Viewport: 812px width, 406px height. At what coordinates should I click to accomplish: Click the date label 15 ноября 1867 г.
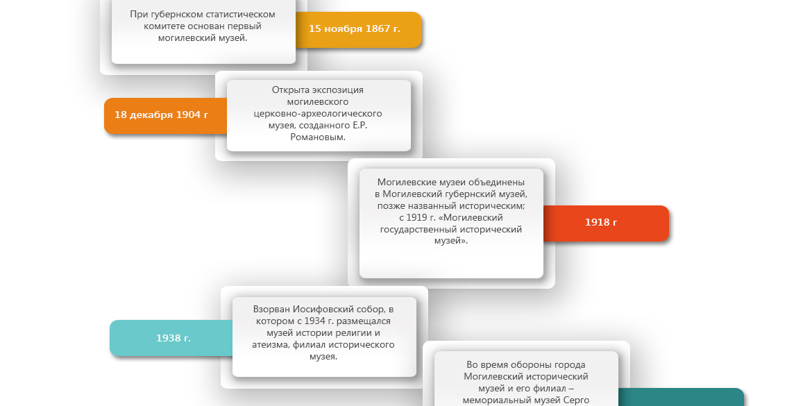(354, 29)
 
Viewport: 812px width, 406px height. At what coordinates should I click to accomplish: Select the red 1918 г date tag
(606, 223)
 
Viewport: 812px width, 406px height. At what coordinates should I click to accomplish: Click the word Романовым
(318, 137)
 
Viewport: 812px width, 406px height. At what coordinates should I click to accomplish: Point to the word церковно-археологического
(318, 113)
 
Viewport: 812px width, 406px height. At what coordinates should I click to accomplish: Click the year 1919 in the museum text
(416, 217)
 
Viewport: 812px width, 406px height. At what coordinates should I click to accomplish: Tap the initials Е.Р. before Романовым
(360, 126)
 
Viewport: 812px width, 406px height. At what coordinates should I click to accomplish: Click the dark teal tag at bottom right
(681, 397)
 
